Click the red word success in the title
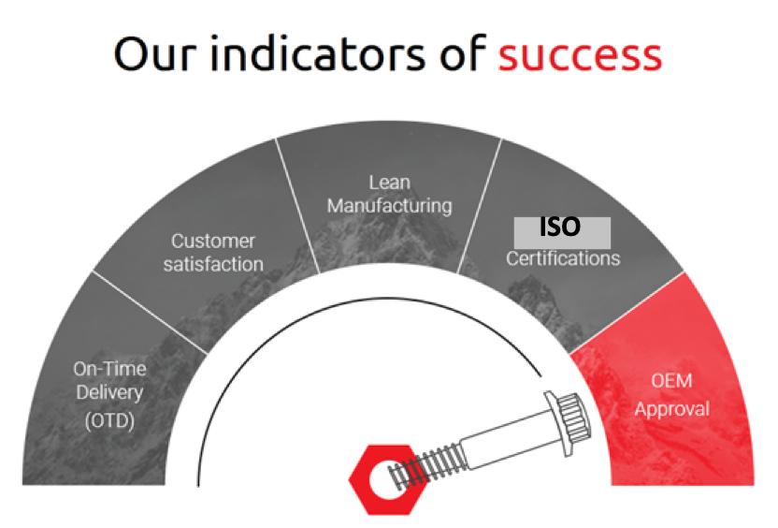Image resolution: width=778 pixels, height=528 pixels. (x=580, y=55)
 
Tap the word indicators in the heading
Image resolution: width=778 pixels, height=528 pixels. (x=318, y=52)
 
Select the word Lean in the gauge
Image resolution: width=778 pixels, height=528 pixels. (x=390, y=183)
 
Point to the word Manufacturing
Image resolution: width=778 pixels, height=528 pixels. (x=390, y=206)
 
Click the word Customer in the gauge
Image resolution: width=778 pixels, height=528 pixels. (x=213, y=242)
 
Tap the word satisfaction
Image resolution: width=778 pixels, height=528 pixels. (x=213, y=264)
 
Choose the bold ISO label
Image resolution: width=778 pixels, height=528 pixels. (x=560, y=227)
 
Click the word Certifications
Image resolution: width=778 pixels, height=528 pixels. (x=563, y=258)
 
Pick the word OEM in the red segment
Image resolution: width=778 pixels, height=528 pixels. (x=671, y=381)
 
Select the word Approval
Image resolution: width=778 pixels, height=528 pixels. (x=672, y=409)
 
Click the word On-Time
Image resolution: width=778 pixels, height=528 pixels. (x=109, y=369)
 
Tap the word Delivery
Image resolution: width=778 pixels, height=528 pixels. (x=109, y=393)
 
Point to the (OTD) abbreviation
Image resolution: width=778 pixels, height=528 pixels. (x=109, y=420)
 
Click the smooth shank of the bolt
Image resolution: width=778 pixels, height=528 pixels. (x=509, y=437)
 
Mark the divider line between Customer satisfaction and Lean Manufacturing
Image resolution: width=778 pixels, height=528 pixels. (x=297, y=206)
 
